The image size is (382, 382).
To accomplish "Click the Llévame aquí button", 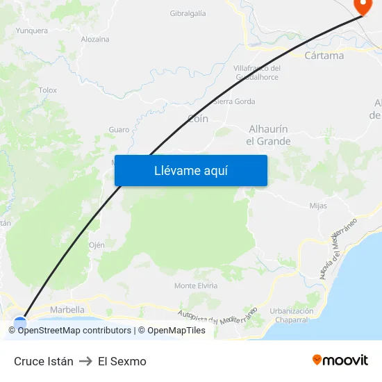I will [x=191, y=170].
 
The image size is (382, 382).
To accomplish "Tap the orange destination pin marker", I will [x=363, y=6].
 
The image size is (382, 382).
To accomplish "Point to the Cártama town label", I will [x=324, y=56].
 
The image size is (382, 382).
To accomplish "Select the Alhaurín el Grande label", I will [x=269, y=135].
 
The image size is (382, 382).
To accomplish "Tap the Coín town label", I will [x=198, y=119].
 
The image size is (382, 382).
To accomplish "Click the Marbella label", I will [x=67, y=310].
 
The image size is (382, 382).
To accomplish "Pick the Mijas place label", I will [x=318, y=206].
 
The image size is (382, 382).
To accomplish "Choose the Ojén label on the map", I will [x=97, y=245].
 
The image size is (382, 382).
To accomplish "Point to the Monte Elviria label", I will [x=195, y=285].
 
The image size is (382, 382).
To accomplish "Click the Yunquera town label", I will [x=31, y=31].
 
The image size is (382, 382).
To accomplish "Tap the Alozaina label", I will [x=95, y=39].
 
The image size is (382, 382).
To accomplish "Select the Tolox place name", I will [x=48, y=90].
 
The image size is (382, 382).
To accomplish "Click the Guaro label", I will [x=119, y=130].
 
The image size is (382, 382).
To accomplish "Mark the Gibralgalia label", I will [x=188, y=13].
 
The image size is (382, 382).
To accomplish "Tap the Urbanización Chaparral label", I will [x=292, y=315].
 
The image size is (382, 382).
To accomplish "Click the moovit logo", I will [x=340, y=360].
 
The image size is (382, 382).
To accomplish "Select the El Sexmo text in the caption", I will [x=122, y=361].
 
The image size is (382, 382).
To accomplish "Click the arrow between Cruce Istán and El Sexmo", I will [x=86, y=361].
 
